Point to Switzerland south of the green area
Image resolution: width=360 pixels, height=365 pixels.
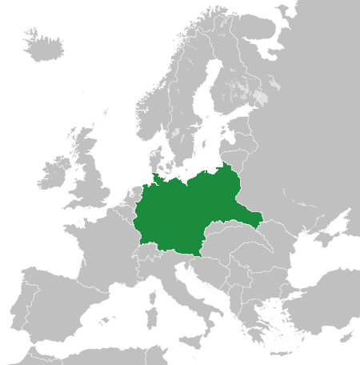click(147, 249)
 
